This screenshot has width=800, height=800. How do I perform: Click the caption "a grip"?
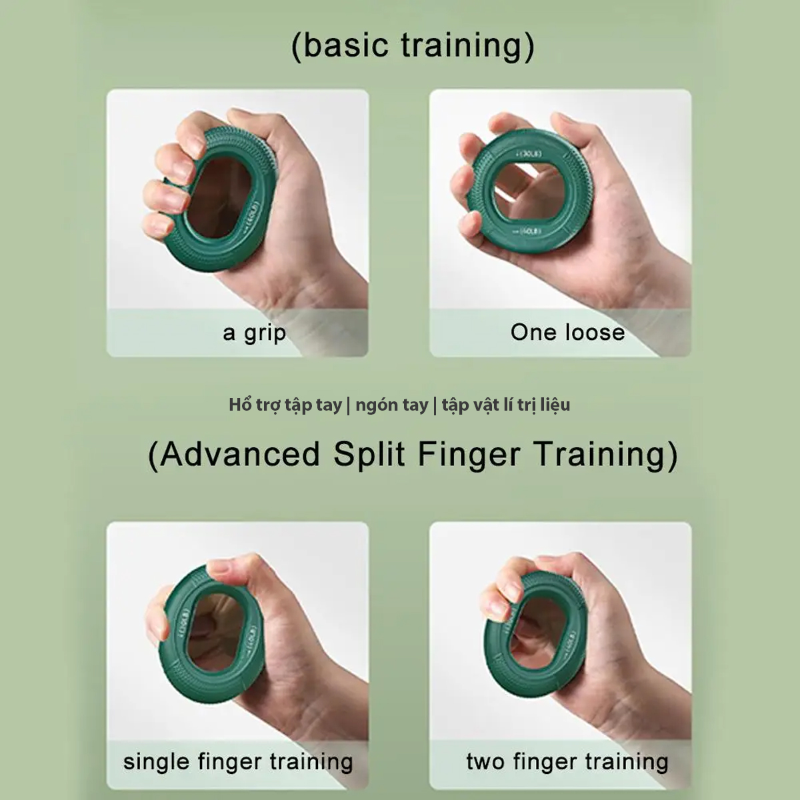254,333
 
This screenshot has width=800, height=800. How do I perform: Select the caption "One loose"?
567,332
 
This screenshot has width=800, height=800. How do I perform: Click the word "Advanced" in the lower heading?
241,455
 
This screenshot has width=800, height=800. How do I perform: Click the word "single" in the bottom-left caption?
157,761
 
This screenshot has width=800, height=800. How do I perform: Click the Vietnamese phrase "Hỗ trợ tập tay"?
285,405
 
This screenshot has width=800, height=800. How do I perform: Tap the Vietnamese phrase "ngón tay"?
391,405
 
